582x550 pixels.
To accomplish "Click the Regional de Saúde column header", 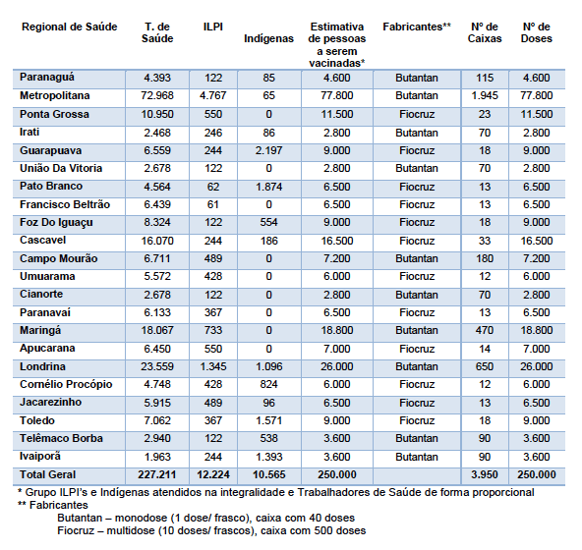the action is click(70, 27).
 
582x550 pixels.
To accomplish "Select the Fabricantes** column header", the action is click(417, 27).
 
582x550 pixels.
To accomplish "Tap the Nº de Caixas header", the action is click(485, 32).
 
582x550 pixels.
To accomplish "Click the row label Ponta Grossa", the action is click(54, 114).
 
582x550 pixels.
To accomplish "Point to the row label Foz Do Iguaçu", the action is click(56, 223).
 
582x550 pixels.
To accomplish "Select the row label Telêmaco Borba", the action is click(61, 438).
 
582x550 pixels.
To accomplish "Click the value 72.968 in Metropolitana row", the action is click(157, 95).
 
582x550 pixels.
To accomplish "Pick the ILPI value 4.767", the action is click(212, 95).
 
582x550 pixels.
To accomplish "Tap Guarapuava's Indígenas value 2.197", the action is click(268, 150).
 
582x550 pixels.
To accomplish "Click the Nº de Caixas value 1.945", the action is click(485, 95).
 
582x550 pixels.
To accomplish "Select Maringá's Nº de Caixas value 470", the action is click(485, 330).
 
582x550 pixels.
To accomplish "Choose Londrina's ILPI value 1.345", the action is click(212, 366).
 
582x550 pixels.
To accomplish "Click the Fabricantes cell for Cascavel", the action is click(417, 241).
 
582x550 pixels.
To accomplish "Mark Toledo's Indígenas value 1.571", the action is click(268, 420).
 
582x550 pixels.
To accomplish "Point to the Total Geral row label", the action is click(47, 474).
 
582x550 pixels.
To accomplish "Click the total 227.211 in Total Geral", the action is click(157, 474).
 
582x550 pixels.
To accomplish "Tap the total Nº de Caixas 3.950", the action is click(485, 474).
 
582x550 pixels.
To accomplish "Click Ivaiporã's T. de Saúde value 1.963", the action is click(157, 457).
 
